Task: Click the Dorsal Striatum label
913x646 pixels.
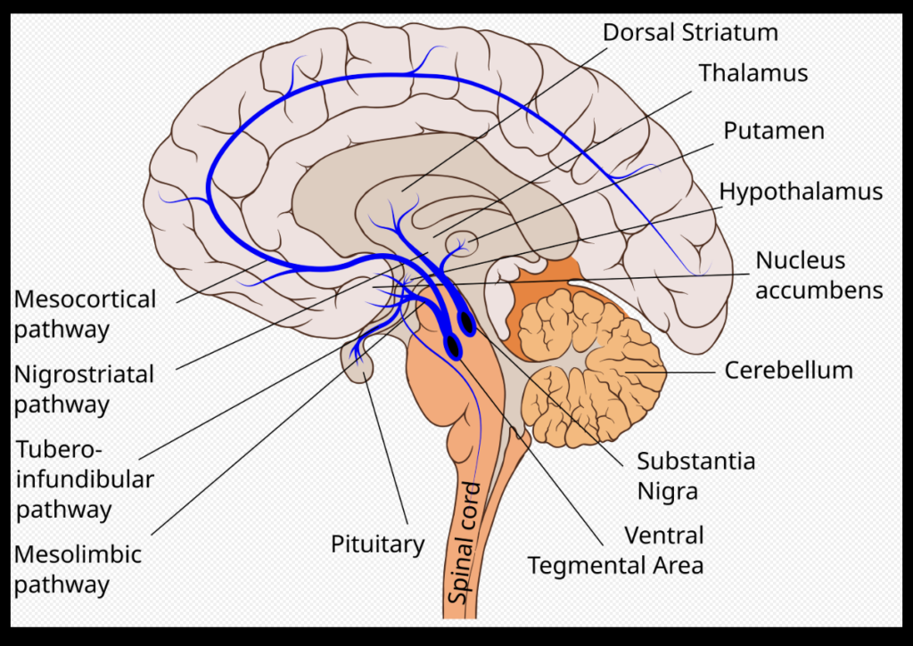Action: coord(690,33)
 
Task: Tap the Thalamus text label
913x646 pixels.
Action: coord(753,73)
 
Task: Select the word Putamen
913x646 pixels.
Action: coord(773,131)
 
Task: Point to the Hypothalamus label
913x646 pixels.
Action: coord(801,192)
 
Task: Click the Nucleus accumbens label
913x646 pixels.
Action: coord(818,275)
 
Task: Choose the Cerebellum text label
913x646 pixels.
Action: coord(788,369)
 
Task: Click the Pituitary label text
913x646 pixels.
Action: coord(377,544)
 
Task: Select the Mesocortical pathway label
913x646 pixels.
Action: coord(85,314)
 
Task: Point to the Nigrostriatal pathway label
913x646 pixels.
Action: coord(84,388)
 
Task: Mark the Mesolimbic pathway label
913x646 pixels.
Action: coord(78,568)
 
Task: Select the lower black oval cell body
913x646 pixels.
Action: coord(454,346)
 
